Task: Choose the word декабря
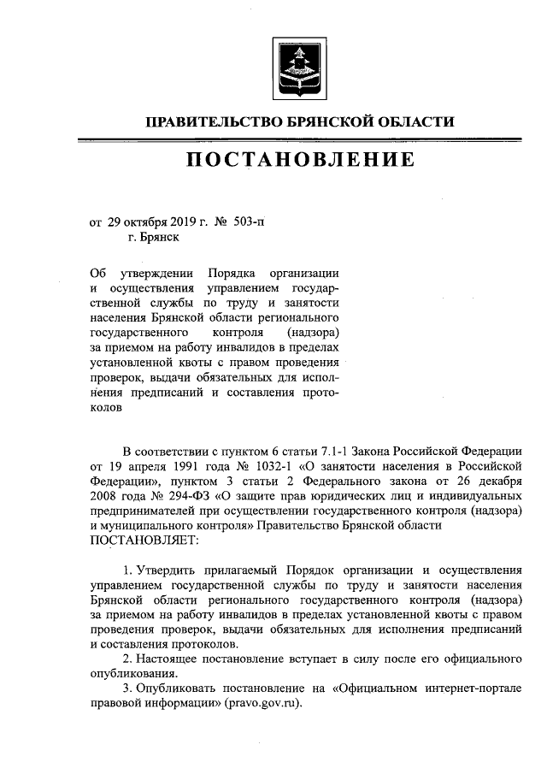click(496, 483)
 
